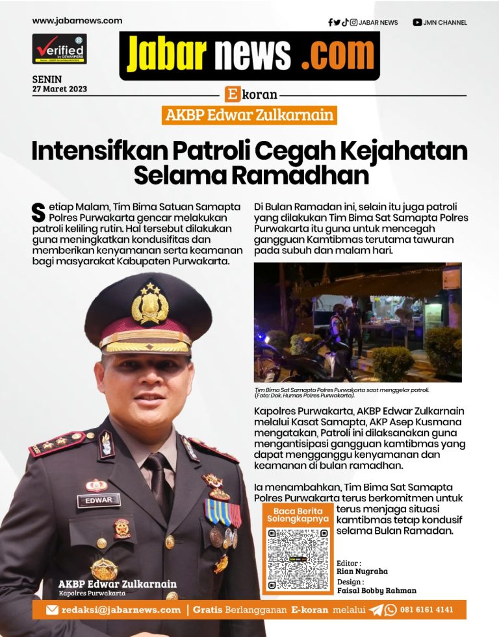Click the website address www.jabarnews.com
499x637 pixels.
[77, 21]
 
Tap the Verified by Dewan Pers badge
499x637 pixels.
[59, 49]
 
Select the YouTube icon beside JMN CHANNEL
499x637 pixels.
[417, 23]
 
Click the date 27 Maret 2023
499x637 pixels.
[59, 89]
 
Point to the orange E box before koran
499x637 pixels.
[232, 94]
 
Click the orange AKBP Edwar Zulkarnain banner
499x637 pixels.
[249, 116]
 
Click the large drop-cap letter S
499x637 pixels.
[38, 211]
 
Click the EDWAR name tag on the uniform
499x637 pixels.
[98, 501]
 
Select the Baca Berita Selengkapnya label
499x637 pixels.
[298, 516]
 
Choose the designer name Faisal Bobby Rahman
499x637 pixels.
[376, 590]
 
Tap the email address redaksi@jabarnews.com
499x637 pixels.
[121, 610]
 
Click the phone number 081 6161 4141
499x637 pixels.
[427, 610]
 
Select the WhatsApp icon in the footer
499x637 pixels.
[390, 610]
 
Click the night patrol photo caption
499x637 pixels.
[342, 392]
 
